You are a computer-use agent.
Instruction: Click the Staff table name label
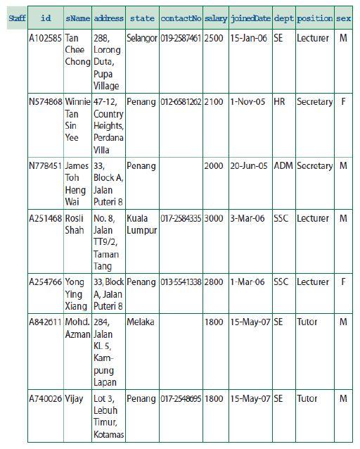pos(17,18)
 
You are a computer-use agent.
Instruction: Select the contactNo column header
pos(181,18)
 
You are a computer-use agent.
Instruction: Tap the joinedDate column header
pos(249,18)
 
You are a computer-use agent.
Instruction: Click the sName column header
pos(77,18)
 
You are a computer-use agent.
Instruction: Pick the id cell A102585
pos(45,38)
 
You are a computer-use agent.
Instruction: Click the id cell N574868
pos(45,102)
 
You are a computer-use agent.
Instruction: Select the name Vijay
pos(74,399)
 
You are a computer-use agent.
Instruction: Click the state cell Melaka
pos(140,322)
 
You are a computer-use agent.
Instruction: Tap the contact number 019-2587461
pos(181,38)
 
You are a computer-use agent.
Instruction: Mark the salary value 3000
pos(214,219)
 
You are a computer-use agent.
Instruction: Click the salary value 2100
pos(214,102)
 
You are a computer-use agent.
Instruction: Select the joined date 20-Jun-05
pos(249,166)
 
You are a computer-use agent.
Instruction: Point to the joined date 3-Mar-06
pos(249,219)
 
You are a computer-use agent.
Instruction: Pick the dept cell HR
pos(279,102)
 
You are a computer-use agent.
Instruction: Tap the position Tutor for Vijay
pos(307,399)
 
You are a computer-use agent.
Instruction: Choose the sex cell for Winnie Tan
pos(343,102)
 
